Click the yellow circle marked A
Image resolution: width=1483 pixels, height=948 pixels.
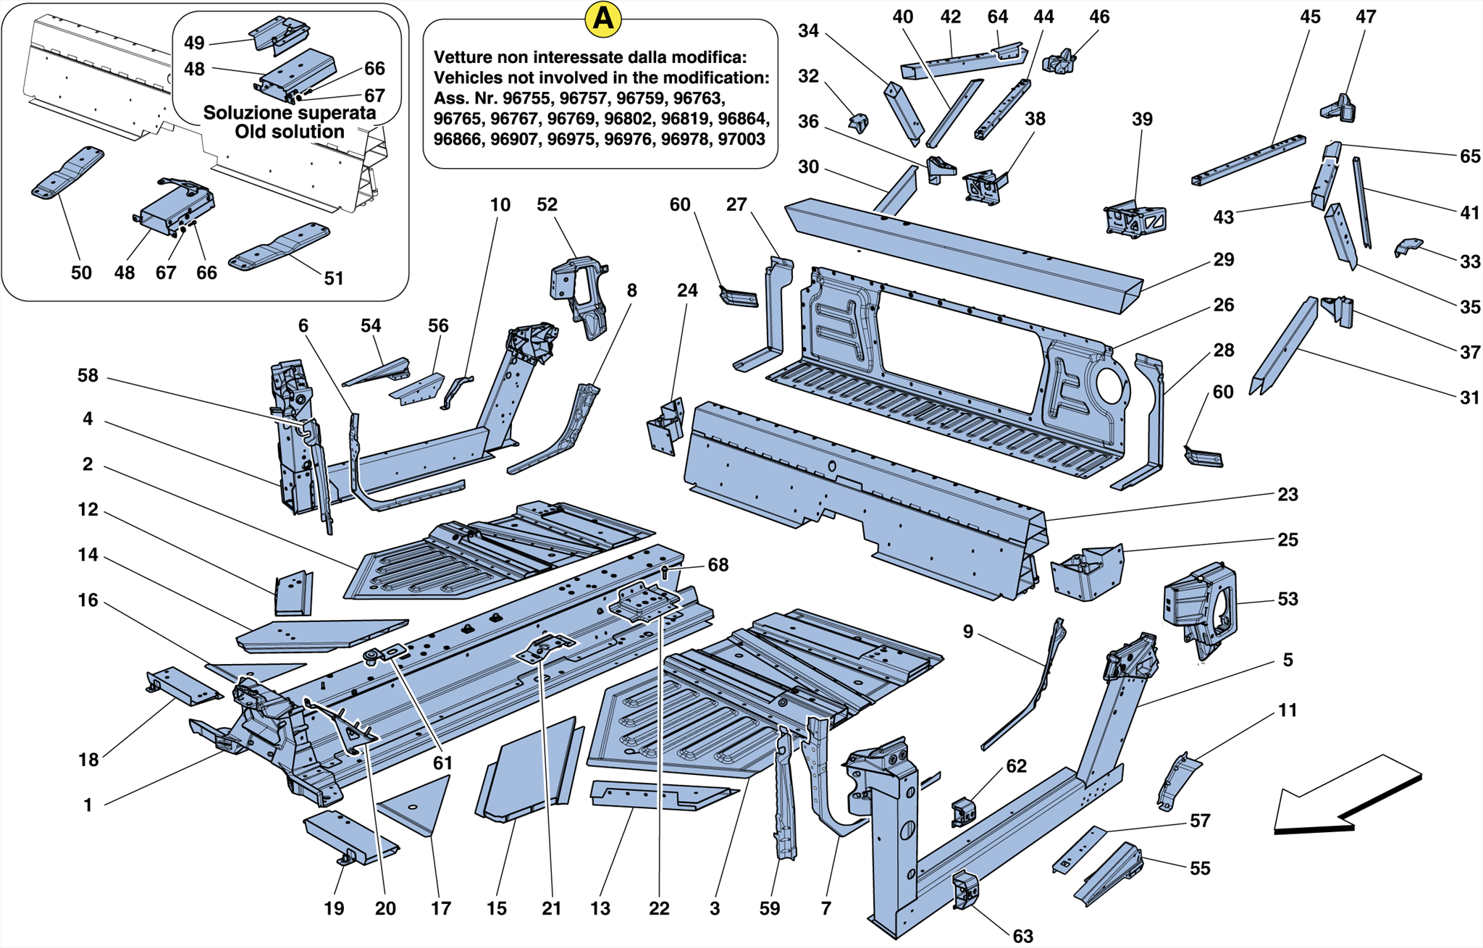603,20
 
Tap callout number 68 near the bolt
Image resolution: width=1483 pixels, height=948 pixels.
718,565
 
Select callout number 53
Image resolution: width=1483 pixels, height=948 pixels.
1287,600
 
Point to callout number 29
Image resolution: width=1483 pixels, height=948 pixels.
1223,260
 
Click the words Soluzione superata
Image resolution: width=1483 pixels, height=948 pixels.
289,113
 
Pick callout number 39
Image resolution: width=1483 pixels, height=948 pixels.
1141,119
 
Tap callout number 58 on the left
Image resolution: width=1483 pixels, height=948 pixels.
88,376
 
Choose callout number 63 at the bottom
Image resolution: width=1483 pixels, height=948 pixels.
1022,936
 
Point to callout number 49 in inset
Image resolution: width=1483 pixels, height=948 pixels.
194,43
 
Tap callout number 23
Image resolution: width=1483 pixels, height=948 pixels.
1287,495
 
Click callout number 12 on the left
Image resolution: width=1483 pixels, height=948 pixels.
88,510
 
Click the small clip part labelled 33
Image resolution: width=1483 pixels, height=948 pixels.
1408,247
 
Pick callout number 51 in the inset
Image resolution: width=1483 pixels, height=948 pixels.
333,278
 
